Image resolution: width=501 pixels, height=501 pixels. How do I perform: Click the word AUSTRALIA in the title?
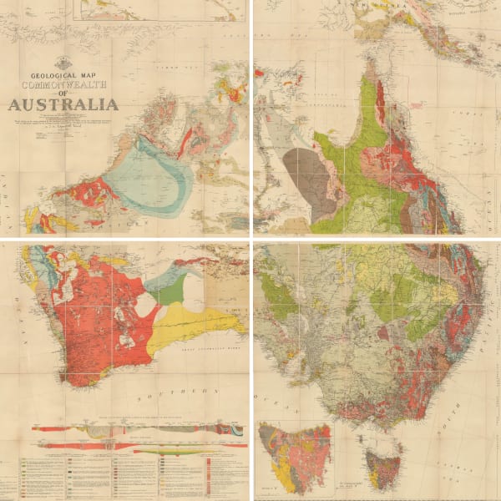(x=63, y=104)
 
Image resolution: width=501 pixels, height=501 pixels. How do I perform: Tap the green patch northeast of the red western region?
(x=170, y=292)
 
